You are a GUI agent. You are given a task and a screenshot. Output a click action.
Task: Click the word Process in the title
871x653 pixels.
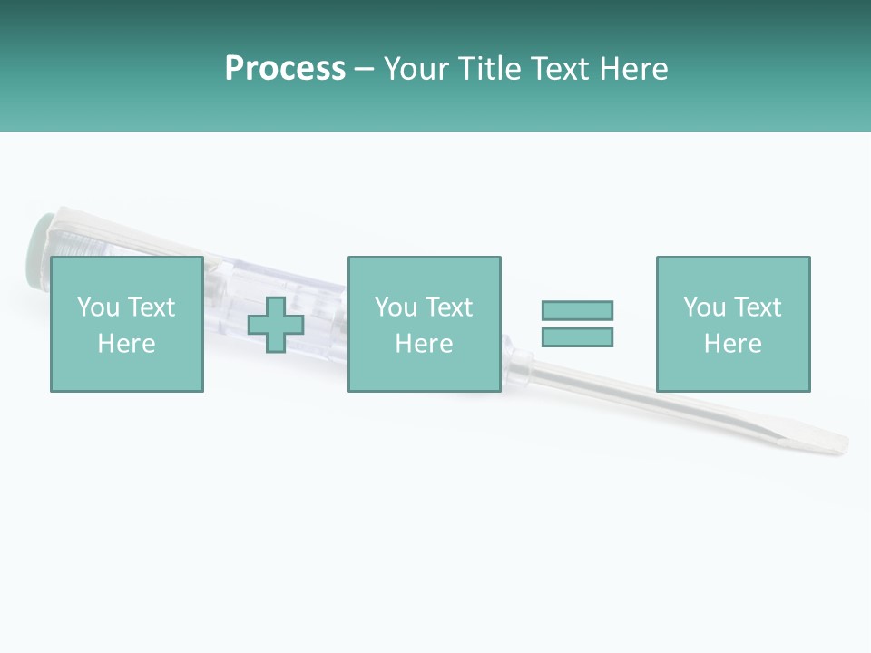pyautogui.click(x=285, y=69)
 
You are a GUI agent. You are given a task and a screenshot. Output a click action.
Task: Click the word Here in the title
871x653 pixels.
pyautogui.click(x=634, y=69)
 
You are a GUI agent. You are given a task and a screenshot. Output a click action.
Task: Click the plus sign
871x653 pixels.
pyautogui.click(x=276, y=325)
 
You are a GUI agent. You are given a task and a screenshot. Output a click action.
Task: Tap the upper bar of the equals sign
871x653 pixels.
pyautogui.click(x=577, y=310)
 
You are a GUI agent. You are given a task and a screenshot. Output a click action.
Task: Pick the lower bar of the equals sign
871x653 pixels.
pyautogui.click(x=577, y=336)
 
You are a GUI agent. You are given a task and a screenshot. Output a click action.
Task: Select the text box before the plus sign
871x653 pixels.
pyautogui.click(x=127, y=324)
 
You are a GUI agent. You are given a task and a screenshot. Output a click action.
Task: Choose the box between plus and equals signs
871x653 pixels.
pyautogui.click(x=424, y=324)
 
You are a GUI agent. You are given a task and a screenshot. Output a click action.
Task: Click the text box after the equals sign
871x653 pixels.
pyautogui.click(x=732, y=324)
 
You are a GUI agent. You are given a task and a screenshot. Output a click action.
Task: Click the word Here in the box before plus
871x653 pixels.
pyautogui.click(x=127, y=344)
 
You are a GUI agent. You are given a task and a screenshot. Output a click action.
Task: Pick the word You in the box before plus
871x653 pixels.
pyautogui.click(x=97, y=307)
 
